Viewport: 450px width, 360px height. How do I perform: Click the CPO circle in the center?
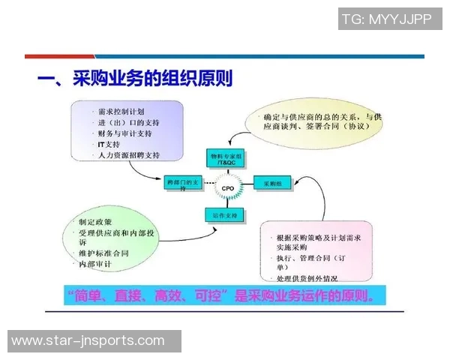click(x=227, y=187)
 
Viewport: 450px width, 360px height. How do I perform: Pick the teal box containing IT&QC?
click(x=226, y=157)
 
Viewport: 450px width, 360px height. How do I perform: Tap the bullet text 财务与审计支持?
click(x=124, y=133)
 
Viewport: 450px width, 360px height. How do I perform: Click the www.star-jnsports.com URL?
click(x=88, y=341)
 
